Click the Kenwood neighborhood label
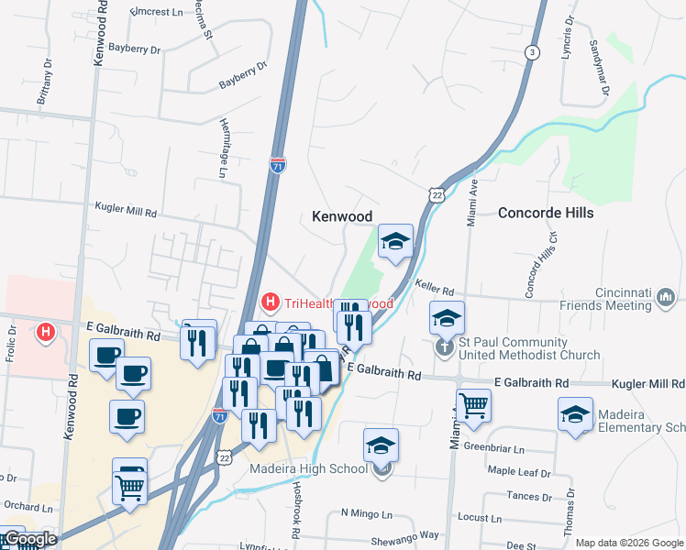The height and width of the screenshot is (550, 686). pos(342,216)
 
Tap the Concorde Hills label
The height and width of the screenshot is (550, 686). pos(546,213)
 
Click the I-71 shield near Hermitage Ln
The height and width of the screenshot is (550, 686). pos(278,165)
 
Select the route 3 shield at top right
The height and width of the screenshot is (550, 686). pos(531,53)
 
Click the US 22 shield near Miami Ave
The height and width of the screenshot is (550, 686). pos(436,193)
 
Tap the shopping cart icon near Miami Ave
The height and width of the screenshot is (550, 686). pos(473,403)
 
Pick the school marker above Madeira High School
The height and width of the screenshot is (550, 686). pos(381,445)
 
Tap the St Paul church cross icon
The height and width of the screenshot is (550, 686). pos(445,347)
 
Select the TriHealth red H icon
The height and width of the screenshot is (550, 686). pos(271,301)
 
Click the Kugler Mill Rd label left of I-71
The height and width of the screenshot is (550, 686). pos(126,211)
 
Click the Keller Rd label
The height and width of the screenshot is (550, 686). pos(435,290)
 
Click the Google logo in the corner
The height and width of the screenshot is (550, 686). pos(29,539)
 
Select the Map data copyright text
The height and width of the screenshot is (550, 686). pos(629,542)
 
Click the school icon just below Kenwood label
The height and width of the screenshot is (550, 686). pos(395,241)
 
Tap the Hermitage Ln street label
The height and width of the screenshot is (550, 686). pos(223,147)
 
